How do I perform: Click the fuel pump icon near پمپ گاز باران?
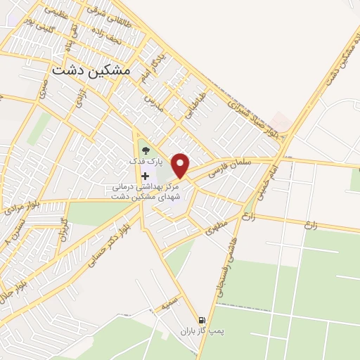pyautogui.click(x=202, y=319)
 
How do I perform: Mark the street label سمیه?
pyautogui.click(x=167, y=303)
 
